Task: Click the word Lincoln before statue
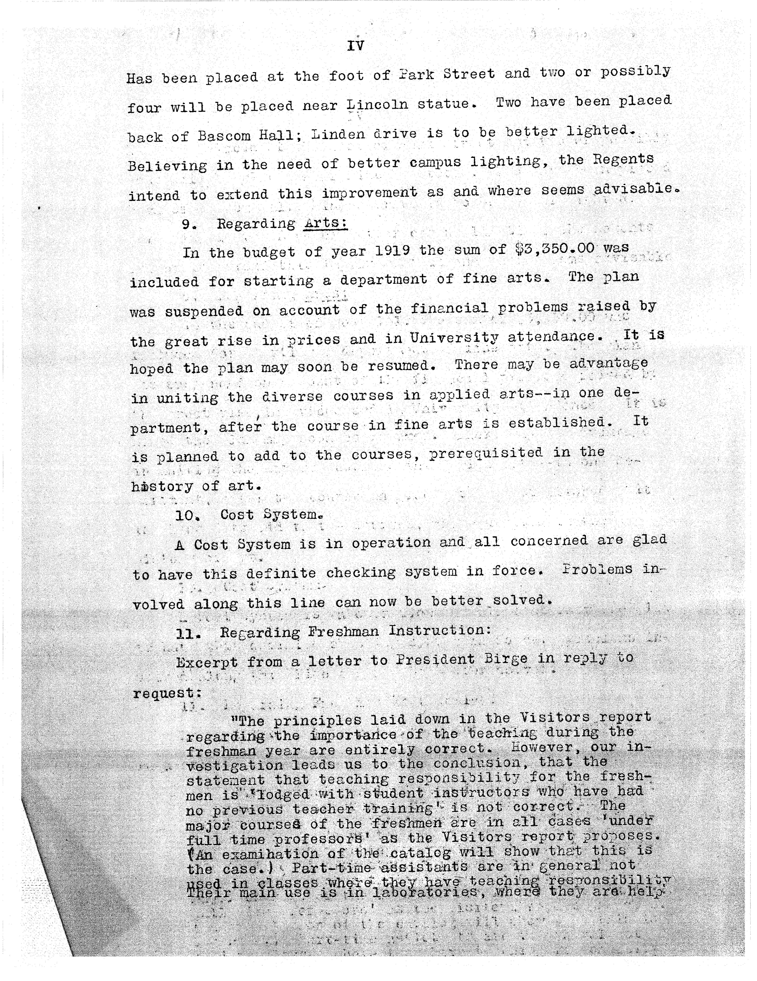point(378,105)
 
